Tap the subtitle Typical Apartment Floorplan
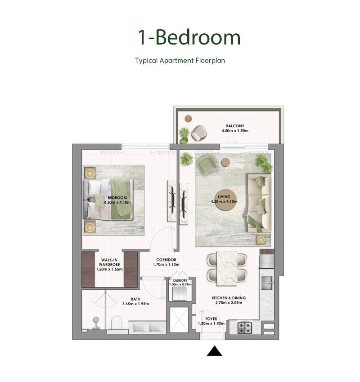180,60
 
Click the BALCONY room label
235,126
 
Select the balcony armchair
199,133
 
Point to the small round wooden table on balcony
188,119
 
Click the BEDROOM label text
117,198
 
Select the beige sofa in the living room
260,203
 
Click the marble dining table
227,268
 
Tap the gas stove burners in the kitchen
245,327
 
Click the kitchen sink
266,283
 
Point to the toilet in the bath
117,323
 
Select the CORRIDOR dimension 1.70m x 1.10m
166,265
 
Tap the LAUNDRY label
180,280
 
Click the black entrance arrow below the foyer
214,351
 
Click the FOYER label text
211,319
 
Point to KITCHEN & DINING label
229,298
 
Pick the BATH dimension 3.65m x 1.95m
135,304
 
